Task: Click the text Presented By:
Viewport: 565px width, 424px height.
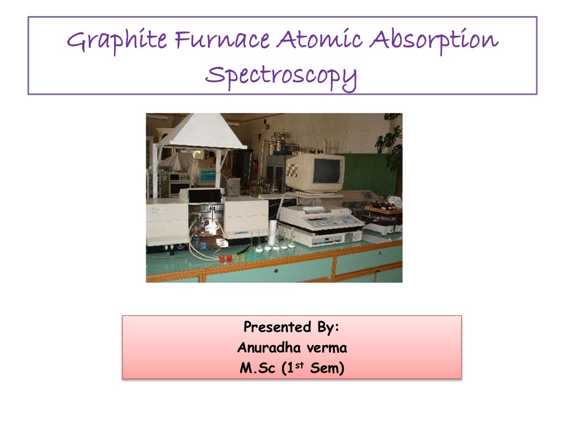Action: coord(291,327)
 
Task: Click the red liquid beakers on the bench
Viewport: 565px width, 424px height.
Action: coord(226,258)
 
